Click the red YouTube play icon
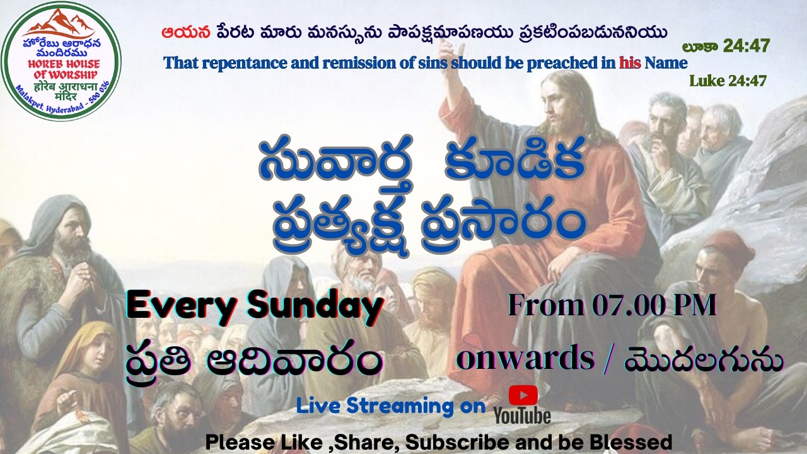[x=523, y=395]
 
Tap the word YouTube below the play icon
[x=522, y=416]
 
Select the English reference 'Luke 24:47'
[x=728, y=81]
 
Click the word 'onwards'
[x=525, y=359]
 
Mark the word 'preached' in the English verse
[x=574, y=63]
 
